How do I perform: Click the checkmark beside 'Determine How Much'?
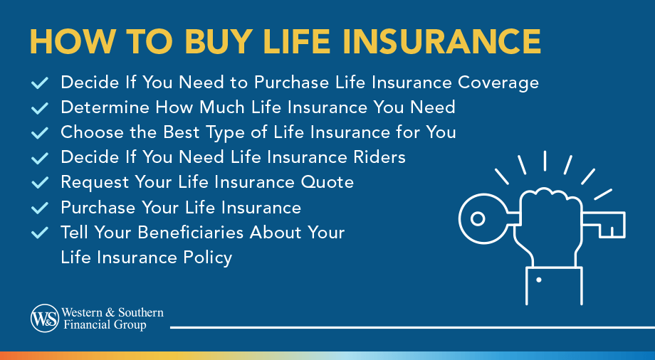click(x=41, y=108)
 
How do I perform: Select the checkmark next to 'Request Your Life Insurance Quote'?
click(x=41, y=183)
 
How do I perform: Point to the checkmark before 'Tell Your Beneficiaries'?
click(x=41, y=233)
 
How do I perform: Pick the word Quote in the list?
click(x=329, y=182)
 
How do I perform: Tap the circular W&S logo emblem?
click(x=44, y=318)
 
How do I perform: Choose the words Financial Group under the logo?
click(x=104, y=325)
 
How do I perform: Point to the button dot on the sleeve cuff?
click(x=538, y=280)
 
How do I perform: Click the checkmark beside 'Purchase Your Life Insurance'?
click(x=41, y=208)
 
